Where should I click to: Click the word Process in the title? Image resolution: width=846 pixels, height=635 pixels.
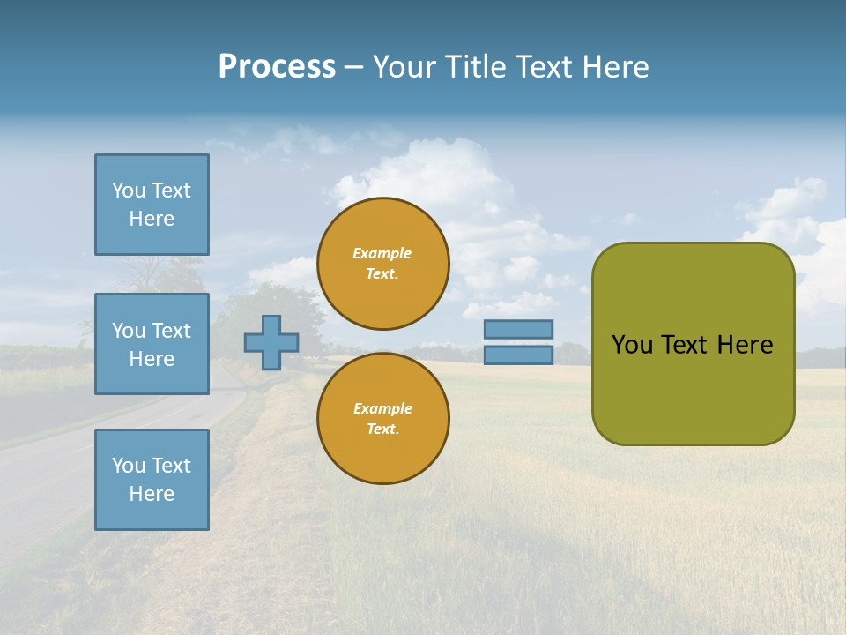[x=277, y=67]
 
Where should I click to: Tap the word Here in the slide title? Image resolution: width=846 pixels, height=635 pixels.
[x=614, y=67]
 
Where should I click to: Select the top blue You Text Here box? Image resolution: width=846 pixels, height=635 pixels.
[x=152, y=205]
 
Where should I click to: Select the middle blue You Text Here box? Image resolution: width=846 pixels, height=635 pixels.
[x=152, y=344]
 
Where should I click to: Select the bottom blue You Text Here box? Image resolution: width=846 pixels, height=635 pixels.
[x=152, y=480]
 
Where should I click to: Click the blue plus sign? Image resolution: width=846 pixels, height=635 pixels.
[x=271, y=342]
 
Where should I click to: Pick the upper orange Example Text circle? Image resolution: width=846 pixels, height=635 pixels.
[x=383, y=264]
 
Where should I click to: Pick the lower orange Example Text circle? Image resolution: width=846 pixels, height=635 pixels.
[x=383, y=419]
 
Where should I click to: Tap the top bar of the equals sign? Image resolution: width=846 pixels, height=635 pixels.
[x=518, y=329]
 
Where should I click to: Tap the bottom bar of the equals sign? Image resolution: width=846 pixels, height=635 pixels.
[x=518, y=355]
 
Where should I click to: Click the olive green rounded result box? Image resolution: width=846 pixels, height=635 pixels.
[x=693, y=388]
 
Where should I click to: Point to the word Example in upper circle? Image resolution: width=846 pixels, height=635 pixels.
[x=382, y=253]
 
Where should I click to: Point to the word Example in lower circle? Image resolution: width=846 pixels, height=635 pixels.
[x=382, y=408]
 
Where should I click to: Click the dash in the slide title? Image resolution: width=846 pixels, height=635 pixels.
[x=353, y=67]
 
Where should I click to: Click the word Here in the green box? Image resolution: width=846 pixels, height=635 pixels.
[x=745, y=345]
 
